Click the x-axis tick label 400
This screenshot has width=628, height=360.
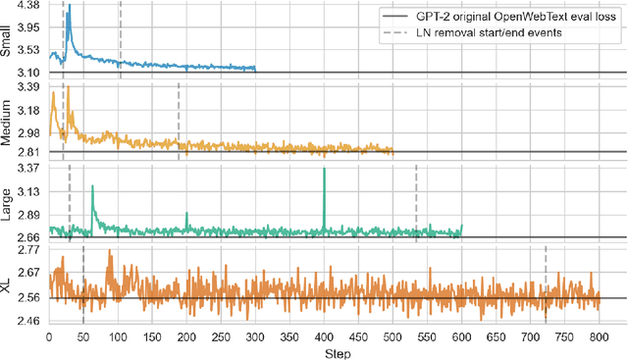click(x=324, y=337)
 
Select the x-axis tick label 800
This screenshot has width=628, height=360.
click(x=599, y=337)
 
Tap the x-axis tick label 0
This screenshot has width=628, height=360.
click(x=49, y=337)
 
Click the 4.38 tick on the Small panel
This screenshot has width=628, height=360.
click(x=27, y=6)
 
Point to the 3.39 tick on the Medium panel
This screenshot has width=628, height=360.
click(x=27, y=88)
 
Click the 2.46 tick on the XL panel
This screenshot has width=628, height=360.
click(x=27, y=321)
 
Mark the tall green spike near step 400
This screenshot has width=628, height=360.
click(x=324, y=172)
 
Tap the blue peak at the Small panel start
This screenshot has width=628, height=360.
click(x=69, y=8)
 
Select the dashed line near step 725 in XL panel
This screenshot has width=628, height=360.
click(x=546, y=284)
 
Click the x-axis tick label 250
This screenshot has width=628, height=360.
click(x=221, y=337)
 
